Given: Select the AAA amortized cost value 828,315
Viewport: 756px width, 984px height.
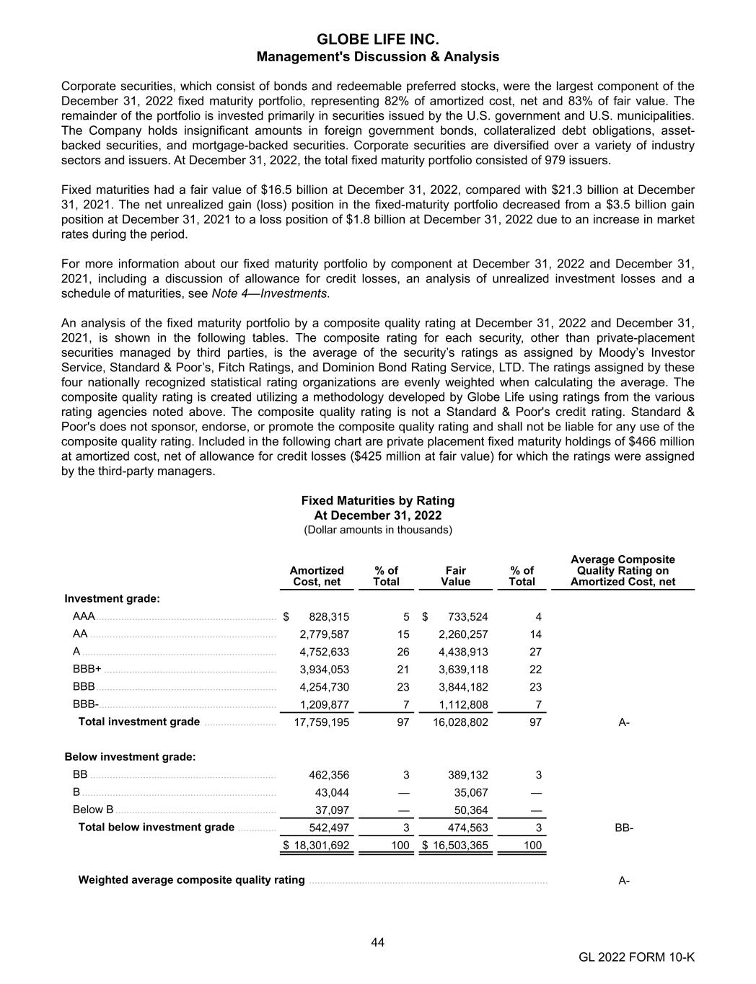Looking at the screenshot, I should tap(329, 616).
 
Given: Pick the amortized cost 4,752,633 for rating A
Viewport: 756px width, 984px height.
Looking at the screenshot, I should tap(325, 652).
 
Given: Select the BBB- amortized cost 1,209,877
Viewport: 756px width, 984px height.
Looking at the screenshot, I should tap(325, 705).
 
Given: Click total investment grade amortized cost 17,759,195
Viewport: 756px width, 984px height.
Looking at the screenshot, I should tap(322, 722).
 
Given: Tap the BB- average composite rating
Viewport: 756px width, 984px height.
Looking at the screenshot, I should tap(624, 828).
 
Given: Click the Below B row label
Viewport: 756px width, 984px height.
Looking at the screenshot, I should tap(93, 810).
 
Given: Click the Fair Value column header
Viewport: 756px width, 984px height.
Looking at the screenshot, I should tap(455, 576).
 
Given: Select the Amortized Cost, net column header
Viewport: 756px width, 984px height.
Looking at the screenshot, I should tap(317, 576).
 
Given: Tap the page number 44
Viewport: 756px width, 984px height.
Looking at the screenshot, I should tap(378, 942).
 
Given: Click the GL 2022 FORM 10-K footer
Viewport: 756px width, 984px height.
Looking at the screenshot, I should tap(636, 957).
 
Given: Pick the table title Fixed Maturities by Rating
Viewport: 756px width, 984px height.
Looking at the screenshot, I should tap(378, 500).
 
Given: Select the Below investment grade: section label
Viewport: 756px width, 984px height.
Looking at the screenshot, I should tap(131, 757).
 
